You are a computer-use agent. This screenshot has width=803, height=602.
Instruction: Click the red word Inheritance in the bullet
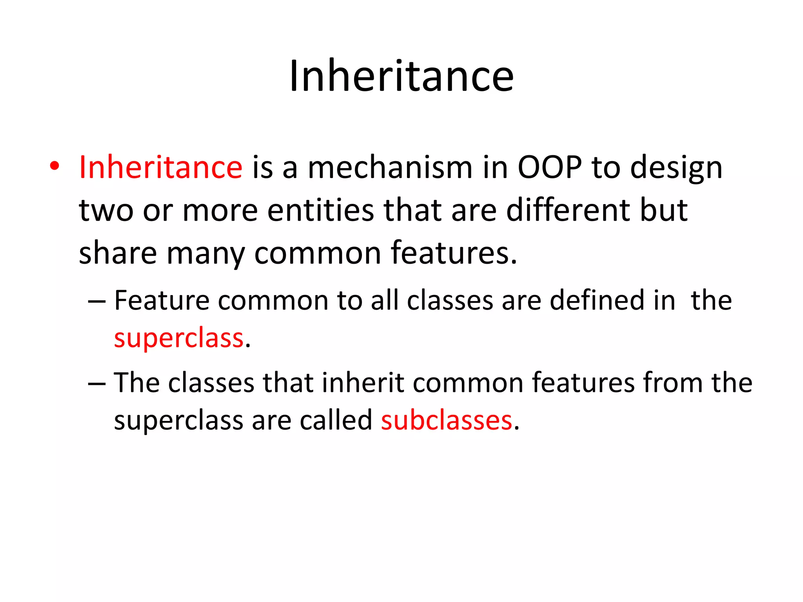[161, 168]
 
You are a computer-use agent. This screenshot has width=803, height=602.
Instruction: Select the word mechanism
[390, 168]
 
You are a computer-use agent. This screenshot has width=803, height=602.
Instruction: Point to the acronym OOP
[550, 168]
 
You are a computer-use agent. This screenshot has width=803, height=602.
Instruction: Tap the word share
[118, 253]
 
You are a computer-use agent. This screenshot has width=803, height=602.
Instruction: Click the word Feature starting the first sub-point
[162, 301]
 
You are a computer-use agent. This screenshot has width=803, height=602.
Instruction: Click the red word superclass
[179, 339]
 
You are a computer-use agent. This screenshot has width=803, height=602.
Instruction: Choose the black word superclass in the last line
[179, 421]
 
